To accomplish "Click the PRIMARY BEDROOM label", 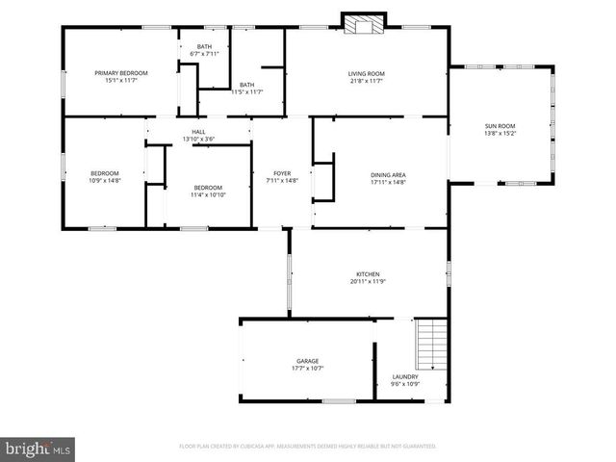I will click(x=120, y=73).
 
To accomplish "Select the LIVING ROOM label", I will click(x=366, y=73).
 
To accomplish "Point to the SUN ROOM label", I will click(x=500, y=125).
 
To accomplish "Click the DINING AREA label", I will click(x=388, y=174).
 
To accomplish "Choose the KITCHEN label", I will click(x=368, y=274).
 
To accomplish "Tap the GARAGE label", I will click(x=307, y=361).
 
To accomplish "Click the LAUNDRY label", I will click(x=405, y=376).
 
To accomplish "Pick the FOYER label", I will click(x=282, y=173).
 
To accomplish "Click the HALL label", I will click(x=198, y=132).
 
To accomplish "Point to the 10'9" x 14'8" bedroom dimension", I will click(x=104, y=181).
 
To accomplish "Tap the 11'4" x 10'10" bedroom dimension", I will click(x=208, y=195).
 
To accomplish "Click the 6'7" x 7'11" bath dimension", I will click(x=205, y=55).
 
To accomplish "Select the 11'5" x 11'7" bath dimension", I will click(x=246, y=92).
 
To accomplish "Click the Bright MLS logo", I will click(x=38, y=448).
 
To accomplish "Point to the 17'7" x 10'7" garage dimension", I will click(x=307, y=369).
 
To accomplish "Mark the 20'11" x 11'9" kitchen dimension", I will click(x=368, y=282).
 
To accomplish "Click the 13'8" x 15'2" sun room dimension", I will click(x=500, y=133).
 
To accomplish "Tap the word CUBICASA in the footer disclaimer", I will click(x=251, y=447).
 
